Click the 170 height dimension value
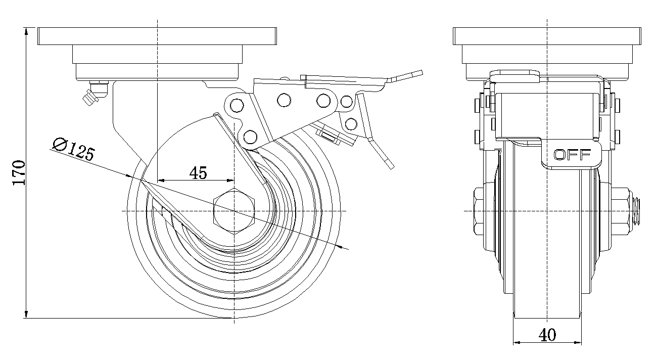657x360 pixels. click(x=18, y=173)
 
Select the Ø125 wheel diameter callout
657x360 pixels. click(x=74, y=150)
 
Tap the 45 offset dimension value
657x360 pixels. click(x=198, y=173)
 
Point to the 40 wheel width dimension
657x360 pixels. click(x=547, y=335)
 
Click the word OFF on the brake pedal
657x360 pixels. click(x=572, y=155)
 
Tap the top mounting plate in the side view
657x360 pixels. click(x=157, y=36)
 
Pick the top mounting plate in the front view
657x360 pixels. click(x=547, y=36)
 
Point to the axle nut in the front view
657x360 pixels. click(x=483, y=211)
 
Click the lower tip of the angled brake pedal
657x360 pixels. click(x=389, y=165)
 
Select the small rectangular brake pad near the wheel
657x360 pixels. click(x=329, y=134)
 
